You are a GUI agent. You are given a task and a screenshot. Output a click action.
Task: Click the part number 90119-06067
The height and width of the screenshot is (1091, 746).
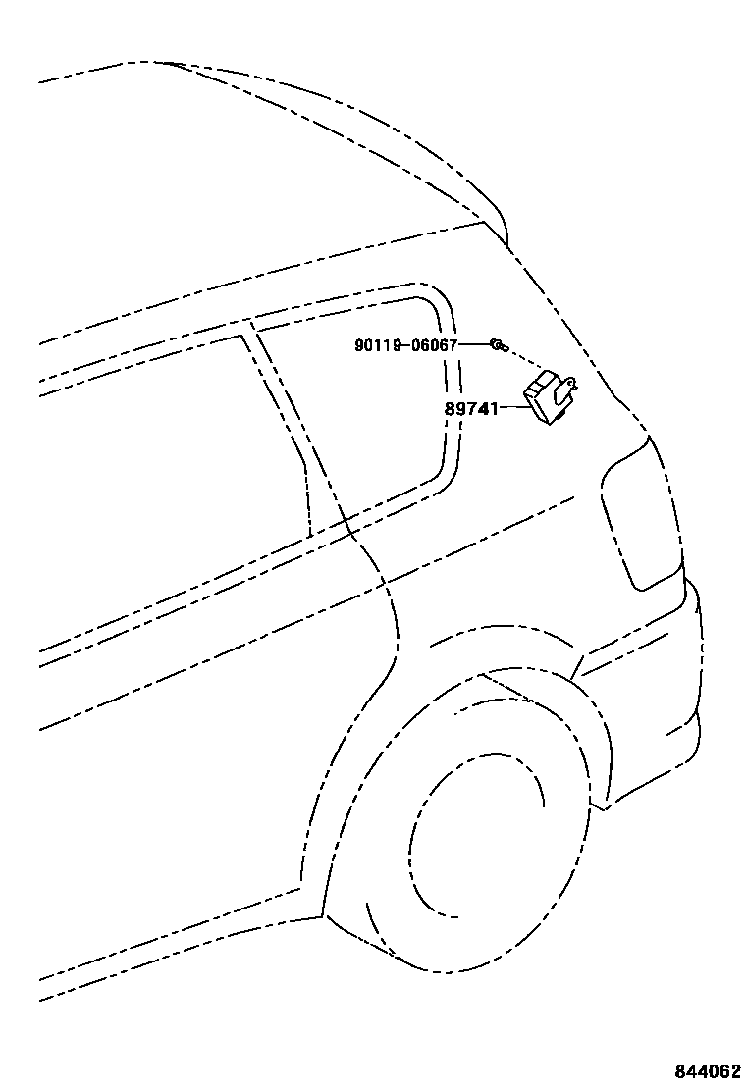coord(406,344)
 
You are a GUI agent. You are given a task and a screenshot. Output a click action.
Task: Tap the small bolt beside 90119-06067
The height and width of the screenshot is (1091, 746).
coord(498,344)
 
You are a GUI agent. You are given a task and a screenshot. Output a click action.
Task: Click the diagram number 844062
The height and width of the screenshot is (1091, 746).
coord(707,1070)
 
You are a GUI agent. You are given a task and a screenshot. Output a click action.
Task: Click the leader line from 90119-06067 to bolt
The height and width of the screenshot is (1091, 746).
coord(474,344)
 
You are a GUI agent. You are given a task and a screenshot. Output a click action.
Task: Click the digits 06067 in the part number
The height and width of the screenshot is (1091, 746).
coord(435,344)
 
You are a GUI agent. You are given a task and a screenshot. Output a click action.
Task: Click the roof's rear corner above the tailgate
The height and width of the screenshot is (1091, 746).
coord(496,231)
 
